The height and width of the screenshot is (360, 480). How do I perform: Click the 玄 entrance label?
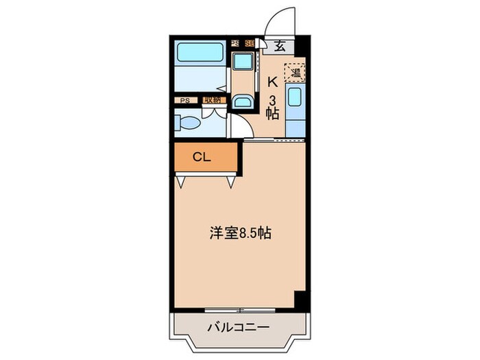coord(280,47)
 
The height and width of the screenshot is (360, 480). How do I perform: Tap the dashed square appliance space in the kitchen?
coord(297,71)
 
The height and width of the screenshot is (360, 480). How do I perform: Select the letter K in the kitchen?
coord(272,82)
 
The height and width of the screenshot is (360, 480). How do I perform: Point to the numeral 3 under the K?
coord(273,100)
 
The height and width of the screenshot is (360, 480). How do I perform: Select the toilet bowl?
coord(188,124)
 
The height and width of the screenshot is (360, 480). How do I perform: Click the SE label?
coord(249,44)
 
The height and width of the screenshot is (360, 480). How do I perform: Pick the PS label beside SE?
coord(235,44)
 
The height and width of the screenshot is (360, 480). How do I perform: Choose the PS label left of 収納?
coord(184,100)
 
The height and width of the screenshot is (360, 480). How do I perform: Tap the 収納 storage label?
coord(212,100)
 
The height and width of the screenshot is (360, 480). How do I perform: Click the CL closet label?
coord(201,157)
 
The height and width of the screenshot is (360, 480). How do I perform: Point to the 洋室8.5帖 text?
coord(240,234)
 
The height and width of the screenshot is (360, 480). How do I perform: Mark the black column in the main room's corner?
coord(299,299)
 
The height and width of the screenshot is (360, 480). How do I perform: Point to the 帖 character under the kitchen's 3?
coord(273,115)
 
